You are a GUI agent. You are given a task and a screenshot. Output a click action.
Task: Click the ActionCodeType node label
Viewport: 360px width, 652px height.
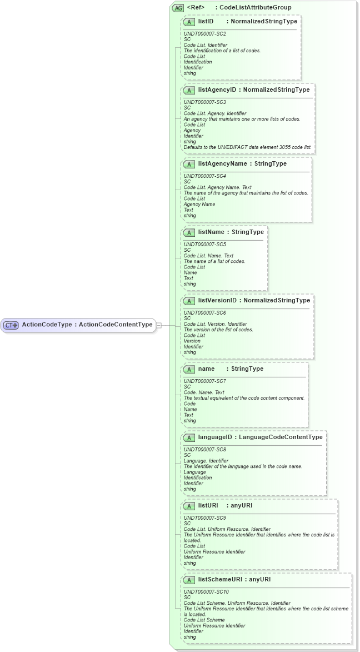pos(47,325)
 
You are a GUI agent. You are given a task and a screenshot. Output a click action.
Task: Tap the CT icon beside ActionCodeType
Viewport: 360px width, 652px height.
pos(12,325)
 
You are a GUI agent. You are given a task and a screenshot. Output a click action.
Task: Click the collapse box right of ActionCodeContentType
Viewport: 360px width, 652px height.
pos(159,325)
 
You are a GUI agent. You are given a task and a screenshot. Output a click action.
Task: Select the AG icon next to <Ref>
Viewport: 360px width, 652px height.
pos(178,8)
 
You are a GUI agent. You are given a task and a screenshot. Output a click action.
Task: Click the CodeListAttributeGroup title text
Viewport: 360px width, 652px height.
pos(256,8)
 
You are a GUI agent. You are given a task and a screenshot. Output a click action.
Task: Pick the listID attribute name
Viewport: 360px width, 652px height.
pos(206,21)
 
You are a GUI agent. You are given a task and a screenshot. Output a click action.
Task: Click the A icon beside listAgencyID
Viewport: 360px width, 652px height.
pos(189,90)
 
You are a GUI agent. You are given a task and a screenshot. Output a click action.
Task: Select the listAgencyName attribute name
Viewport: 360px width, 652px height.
pos(222,164)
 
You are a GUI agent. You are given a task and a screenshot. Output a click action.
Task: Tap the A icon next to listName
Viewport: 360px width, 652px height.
pos(189,232)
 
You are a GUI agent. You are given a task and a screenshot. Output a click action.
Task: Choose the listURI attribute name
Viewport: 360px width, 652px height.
pos(208,506)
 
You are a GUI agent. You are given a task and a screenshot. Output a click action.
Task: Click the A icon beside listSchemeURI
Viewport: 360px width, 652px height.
pos(189,580)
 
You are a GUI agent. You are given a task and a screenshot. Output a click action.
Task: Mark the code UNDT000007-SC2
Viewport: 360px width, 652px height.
pos(205,33)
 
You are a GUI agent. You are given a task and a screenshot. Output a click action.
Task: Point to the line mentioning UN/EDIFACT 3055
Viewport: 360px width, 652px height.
pos(248,147)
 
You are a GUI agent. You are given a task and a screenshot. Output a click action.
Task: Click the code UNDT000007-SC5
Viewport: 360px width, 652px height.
pos(205,244)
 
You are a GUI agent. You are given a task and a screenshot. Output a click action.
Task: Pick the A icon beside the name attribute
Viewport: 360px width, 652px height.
pos(189,369)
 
